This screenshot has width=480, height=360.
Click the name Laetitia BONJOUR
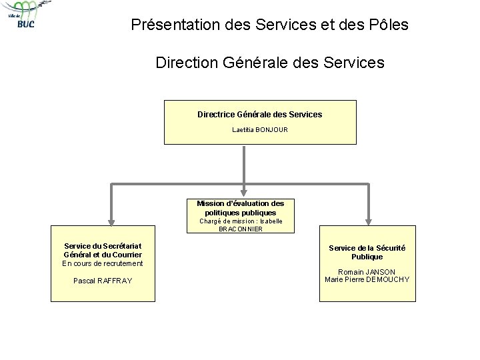[260, 129]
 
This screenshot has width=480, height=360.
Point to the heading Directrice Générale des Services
[260, 114]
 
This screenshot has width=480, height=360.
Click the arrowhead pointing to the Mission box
[245, 191]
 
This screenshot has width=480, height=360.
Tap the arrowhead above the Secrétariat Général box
[111, 221]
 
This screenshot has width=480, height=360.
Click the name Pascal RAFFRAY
[103, 281]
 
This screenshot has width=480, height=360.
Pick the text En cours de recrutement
[103, 263]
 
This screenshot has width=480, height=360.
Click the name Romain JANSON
[367, 272]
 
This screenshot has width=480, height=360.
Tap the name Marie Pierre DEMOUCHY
[367, 279]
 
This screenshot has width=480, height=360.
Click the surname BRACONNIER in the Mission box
[241, 229]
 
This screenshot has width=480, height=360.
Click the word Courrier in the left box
[123, 255]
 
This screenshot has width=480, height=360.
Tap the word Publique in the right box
[367, 257]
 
